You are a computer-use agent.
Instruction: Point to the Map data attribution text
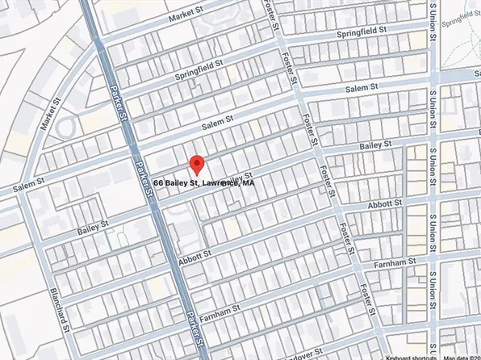(461, 356)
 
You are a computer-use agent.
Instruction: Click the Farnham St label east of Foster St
(395, 262)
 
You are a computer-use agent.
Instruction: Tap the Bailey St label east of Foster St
(375, 145)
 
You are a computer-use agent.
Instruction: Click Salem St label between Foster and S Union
(362, 87)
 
